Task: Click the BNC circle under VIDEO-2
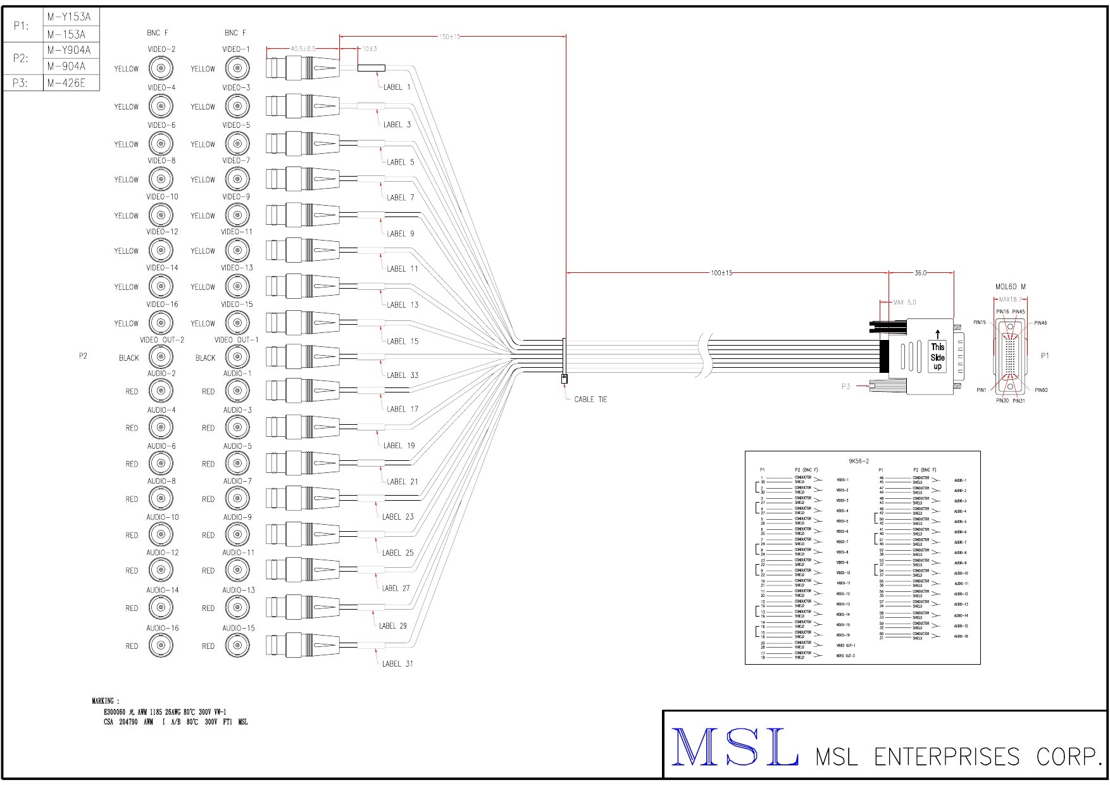coord(161,68)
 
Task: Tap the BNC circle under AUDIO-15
coord(237,646)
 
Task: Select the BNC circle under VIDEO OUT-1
coord(237,357)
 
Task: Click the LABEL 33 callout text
coord(402,375)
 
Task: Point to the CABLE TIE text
coord(590,399)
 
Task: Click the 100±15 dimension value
coord(721,273)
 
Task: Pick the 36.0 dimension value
coord(920,273)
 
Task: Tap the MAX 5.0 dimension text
coord(904,303)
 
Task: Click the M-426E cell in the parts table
coord(66,83)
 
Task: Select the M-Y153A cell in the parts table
coord(69,17)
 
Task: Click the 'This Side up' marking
coord(937,356)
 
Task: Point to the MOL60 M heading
coord(1010,287)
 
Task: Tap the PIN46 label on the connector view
coord(1040,323)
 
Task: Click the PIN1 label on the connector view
coord(981,390)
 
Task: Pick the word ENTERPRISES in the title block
coord(947,757)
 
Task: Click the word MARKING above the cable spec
coord(103,701)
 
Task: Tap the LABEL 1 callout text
coord(397,87)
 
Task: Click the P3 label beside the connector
coord(846,386)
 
